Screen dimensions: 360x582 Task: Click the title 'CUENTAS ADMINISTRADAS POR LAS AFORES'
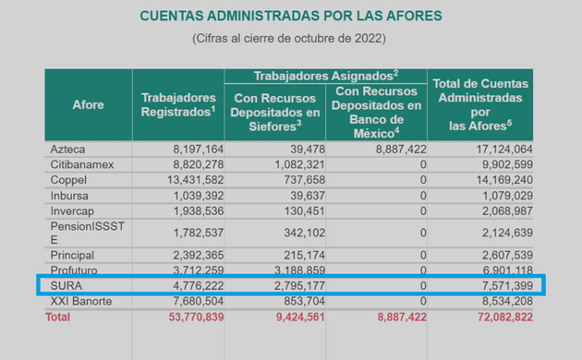click(290, 17)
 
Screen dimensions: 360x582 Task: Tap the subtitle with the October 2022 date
click(290, 39)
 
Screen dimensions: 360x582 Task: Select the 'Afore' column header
click(88, 104)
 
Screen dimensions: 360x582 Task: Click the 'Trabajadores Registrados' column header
click(178, 104)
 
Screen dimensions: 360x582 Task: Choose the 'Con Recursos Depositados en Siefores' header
click(278, 112)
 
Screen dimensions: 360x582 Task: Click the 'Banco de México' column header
click(378, 112)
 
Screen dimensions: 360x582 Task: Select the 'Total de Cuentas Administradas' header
click(483, 104)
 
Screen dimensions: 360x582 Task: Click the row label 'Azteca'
click(68, 149)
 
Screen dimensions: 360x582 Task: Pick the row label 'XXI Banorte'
click(82, 301)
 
